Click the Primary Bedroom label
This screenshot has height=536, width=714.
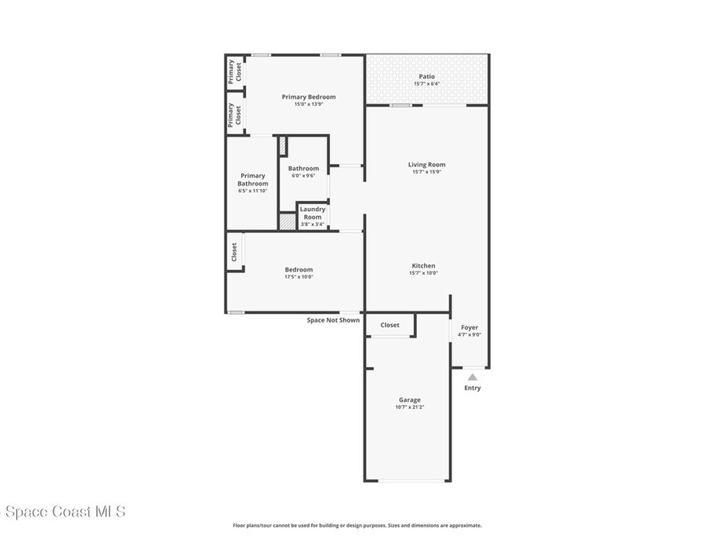click(x=308, y=97)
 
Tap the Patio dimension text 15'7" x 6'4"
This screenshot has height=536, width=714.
click(x=427, y=84)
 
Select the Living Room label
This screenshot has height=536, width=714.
click(x=427, y=165)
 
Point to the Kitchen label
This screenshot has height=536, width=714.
click(x=423, y=266)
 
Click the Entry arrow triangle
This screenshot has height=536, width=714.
click(x=472, y=377)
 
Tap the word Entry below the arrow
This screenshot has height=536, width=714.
click(x=472, y=388)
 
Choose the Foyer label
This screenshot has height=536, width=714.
click(x=469, y=327)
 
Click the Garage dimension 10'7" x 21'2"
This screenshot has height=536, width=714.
click(x=409, y=407)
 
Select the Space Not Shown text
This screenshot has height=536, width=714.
click(x=333, y=320)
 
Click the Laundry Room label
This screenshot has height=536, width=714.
click(x=312, y=213)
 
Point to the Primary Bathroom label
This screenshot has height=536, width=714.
click(x=252, y=179)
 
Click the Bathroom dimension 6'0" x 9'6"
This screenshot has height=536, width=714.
click(x=303, y=176)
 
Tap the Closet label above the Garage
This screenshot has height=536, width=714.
click(x=390, y=325)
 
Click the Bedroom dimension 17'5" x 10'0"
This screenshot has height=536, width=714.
click(x=298, y=277)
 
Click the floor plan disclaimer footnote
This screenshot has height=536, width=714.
click(x=356, y=526)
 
